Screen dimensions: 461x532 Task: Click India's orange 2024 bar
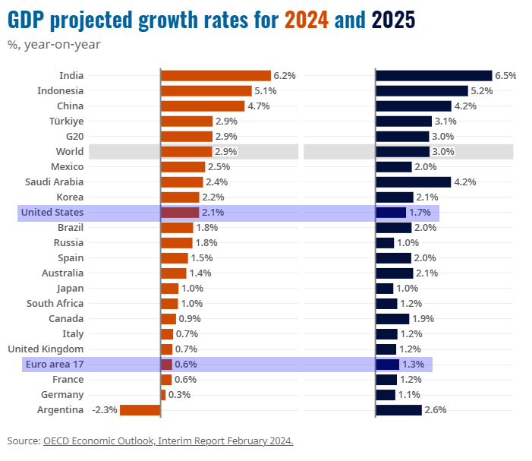point(216,75)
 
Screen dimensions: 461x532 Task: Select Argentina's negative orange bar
point(140,410)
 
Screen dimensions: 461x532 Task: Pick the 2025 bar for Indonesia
point(422,90)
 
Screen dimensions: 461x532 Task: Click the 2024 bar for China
point(203,106)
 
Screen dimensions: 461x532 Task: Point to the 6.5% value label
point(505,75)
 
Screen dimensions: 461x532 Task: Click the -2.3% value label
point(104,410)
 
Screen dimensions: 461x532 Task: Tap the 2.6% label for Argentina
point(436,410)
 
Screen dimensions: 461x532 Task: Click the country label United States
point(52,212)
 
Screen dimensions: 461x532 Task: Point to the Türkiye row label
point(65,121)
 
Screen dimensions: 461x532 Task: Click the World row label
point(70,151)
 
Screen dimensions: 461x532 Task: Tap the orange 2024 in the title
point(307,20)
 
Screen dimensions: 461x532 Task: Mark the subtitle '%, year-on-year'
point(54,44)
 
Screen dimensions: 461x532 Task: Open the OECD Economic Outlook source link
point(168,440)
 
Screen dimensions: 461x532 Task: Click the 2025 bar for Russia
point(386,242)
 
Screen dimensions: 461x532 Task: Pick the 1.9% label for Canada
point(423,319)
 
